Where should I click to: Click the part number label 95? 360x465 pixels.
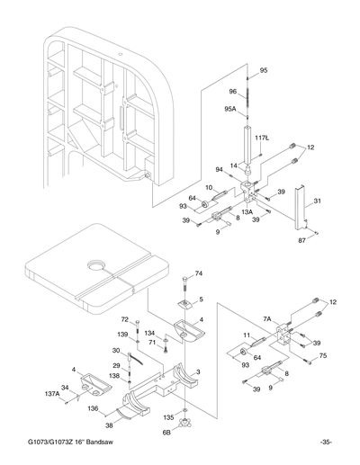click(x=264, y=70)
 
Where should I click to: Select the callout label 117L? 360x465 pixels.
click(x=262, y=138)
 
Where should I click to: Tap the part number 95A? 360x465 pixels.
click(x=230, y=109)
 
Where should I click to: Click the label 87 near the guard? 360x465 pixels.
click(x=301, y=240)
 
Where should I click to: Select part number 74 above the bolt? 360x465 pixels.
click(x=199, y=273)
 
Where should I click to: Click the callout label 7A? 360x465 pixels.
click(x=267, y=318)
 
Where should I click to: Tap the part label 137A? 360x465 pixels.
click(x=52, y=394)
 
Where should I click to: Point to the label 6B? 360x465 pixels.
click(x=166, y=432)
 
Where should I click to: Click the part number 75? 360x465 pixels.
click(x=322, y=356)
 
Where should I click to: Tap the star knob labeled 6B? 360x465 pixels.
click(x=185, y=422)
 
